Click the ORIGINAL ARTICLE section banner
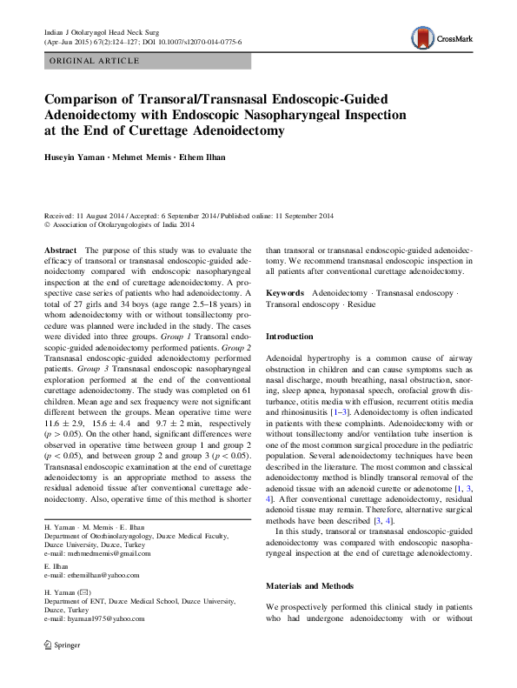(x=96, y=61)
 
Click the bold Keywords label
(x=284, y=293)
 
